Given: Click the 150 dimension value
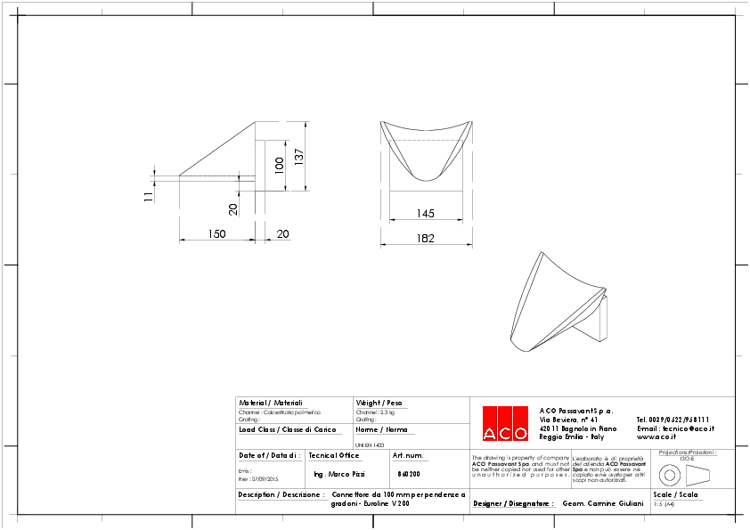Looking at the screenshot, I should [216, 233].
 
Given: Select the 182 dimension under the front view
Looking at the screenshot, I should [426, 238].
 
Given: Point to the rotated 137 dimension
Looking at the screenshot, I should [299, 155].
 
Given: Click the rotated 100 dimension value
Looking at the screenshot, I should [279, 165].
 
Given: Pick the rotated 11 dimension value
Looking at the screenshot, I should [149, 197].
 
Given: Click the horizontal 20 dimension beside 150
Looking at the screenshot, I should [283, 233].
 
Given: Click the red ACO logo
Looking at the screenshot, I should [504, 423].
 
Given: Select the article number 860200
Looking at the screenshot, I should [409, 474].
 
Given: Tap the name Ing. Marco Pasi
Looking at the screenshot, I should [339, 474].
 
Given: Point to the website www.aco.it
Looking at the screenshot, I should [656, 436].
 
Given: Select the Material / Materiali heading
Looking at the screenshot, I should [271, 403].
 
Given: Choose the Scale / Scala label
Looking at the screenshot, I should [675, 493].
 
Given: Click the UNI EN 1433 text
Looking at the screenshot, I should [370, 444].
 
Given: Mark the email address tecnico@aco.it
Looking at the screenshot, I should [675, 428].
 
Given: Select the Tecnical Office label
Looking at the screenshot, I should [333, 455].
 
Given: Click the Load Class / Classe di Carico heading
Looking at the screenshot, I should [287, 429].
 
